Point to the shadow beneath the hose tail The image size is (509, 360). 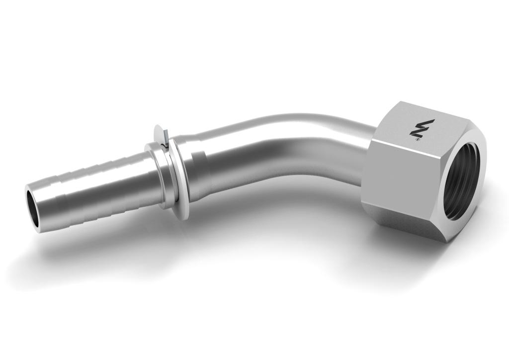[99, 239]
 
